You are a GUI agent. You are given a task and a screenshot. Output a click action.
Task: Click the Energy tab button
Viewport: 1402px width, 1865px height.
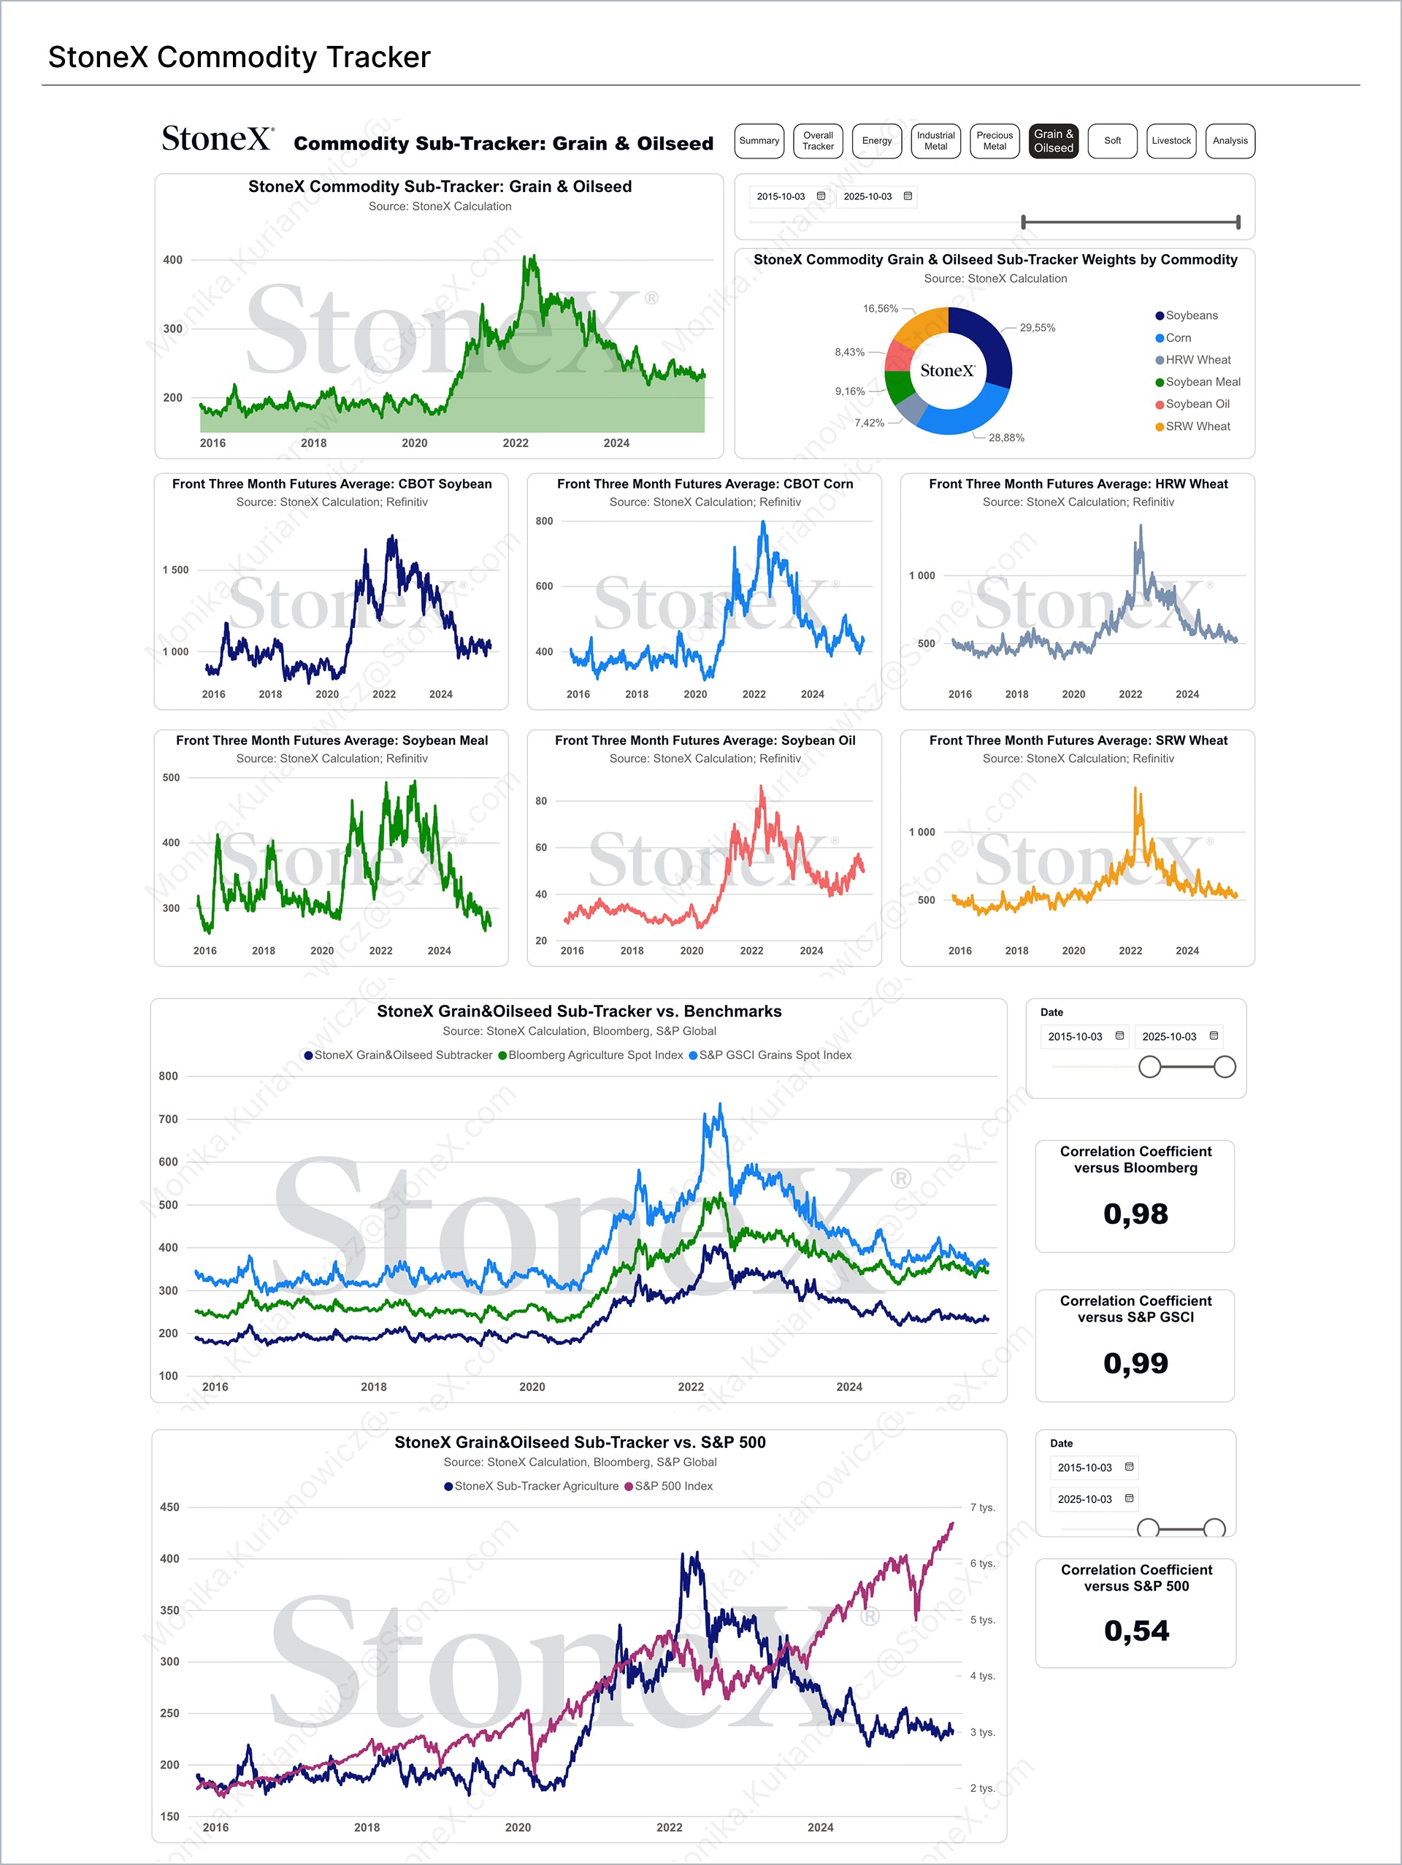tap(877, 141)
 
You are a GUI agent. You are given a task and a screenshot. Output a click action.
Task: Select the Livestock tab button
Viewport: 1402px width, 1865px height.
tap(1171, 141)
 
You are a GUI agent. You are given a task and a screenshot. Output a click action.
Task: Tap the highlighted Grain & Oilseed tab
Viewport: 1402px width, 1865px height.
tap(1053, 141)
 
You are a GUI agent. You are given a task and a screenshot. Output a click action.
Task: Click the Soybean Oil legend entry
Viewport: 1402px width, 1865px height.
tap(1196, 404)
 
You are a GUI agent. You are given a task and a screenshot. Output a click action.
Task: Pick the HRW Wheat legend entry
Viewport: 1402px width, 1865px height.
tap(1197, 360)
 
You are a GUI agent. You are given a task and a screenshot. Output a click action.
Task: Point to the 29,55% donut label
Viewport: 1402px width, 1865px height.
tap(1037, 328)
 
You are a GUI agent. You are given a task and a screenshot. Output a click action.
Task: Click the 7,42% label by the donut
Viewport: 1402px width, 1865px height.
tap(869, 424)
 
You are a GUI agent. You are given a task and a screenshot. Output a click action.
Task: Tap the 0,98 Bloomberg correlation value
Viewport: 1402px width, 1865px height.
tap(1135, 1214)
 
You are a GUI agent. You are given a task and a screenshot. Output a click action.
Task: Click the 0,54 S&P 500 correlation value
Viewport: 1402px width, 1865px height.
tap(1136, 1631)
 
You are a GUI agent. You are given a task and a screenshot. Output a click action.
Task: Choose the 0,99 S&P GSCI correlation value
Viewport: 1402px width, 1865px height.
tap(1135, 1363)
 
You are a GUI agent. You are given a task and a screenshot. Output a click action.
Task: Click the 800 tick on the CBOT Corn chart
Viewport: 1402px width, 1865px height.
tap(545, 521)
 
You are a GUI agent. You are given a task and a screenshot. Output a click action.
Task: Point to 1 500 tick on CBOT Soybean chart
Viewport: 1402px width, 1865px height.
tap(175, 570)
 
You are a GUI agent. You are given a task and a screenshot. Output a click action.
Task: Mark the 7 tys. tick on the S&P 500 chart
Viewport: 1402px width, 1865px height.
tap(982, 1507)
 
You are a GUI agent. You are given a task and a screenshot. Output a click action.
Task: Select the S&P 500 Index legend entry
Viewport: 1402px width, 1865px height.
tap(673, 1487)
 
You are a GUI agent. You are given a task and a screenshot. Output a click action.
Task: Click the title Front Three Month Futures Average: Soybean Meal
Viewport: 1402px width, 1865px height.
tap(332, 740)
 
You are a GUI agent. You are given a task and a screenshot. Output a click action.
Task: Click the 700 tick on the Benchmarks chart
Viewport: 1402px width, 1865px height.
tap(169, 1119)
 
